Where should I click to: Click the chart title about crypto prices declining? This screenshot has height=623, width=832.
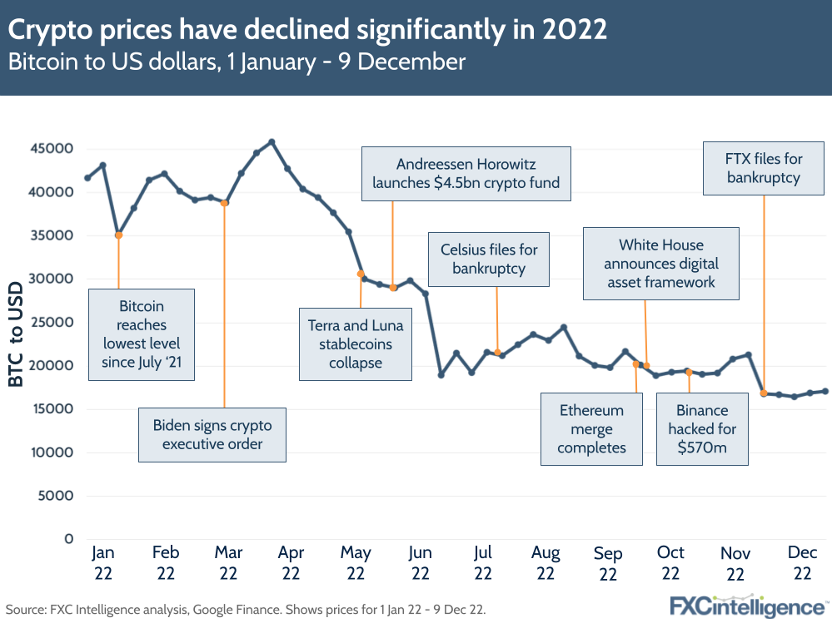click(307, 30)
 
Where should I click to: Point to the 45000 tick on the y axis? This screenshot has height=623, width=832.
click(52, 149)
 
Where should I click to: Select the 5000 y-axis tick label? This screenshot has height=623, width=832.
click(56, 496)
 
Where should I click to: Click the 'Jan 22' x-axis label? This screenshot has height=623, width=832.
click(102, 562)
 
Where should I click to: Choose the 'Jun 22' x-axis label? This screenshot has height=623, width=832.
click(420, 562)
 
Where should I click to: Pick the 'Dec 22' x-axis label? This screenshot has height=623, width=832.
click(802, 562)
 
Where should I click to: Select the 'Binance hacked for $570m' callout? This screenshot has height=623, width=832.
click(702, 429)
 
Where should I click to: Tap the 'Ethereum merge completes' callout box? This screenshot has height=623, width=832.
click(591, 429)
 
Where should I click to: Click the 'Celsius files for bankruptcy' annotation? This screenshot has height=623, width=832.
click(489, 259)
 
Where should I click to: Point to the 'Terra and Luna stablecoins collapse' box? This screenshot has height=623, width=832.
click(356, 344)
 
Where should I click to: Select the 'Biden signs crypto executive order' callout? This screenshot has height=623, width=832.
click(212, 434)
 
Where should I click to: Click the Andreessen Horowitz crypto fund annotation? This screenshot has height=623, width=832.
click(466, 174)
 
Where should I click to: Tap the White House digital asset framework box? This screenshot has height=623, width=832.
click(661, 263)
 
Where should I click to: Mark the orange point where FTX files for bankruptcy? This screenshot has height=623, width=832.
click(764, 393)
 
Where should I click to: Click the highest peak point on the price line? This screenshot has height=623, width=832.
click(272, 141)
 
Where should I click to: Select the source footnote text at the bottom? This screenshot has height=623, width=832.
click(246, 609)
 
